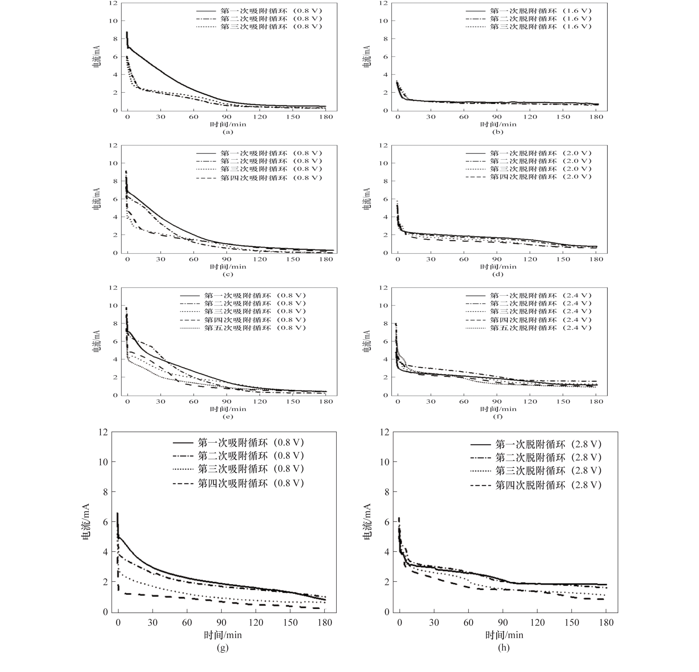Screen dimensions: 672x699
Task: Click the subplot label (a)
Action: click(227, 132)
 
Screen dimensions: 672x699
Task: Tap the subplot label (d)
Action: click(498, 274)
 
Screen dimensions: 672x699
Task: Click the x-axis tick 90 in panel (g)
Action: click(221, 623)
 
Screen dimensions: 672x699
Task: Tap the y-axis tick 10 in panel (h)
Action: click(384, 462)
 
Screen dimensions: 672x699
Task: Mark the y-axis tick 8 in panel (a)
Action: click(115, 39)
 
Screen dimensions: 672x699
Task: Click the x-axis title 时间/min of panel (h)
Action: click(504, 635)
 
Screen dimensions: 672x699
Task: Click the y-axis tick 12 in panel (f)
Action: click(383, 288)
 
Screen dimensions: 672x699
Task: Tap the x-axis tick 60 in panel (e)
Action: click(194, 401)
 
